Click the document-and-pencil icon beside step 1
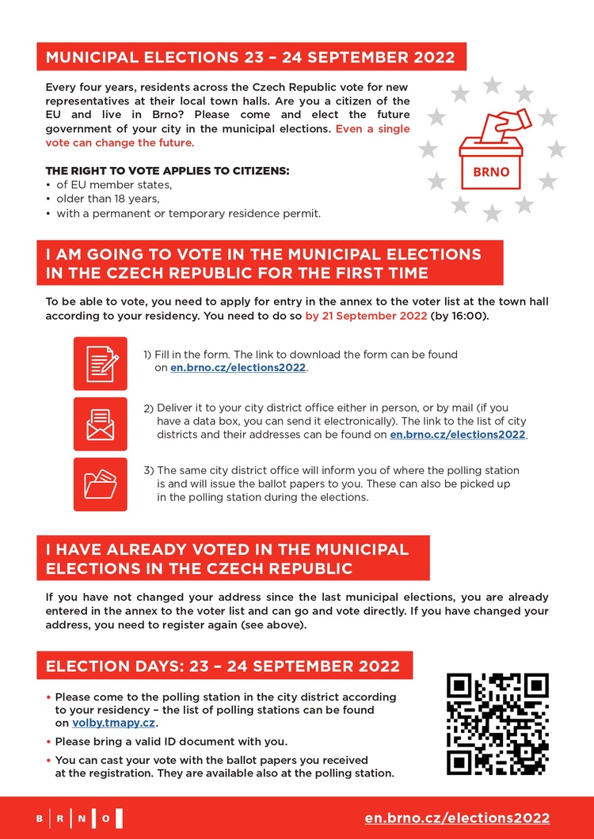(x=100, y=363)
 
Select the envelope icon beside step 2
(x=100, y=423)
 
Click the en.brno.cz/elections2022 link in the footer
(x=457, y=818)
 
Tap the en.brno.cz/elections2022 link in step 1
(x=238, y=368)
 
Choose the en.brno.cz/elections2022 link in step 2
(x=458, y=435)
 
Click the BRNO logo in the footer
(x=78, y=818)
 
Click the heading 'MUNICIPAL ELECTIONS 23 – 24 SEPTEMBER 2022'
(x=250, y=57)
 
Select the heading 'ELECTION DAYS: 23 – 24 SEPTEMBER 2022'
(x=223, y=666)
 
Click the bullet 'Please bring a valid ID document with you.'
(x=171, y=742)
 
